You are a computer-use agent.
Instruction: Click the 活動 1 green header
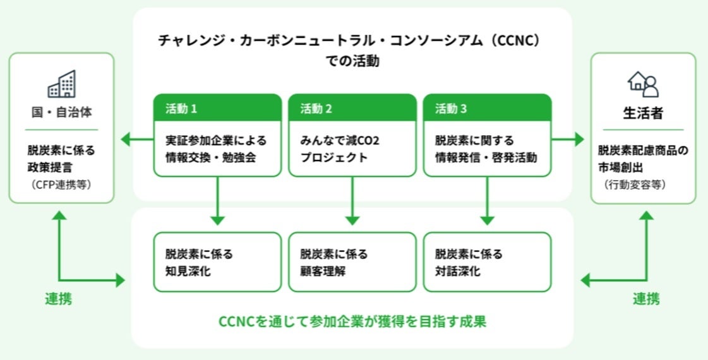218,108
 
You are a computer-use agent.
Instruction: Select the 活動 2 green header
352,108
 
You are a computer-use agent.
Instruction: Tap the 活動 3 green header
487,108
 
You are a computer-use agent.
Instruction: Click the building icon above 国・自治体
61,84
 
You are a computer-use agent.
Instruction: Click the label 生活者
643,114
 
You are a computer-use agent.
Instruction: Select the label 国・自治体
61,114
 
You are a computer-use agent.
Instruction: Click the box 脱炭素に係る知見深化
218,262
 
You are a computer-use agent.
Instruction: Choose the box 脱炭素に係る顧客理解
352,262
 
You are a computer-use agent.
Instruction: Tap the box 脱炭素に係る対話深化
487,262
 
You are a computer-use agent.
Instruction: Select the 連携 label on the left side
58,299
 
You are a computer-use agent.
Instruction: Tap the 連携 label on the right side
646,299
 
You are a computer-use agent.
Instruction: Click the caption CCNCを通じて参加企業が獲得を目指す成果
352,321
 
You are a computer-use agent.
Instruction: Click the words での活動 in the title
352,62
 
